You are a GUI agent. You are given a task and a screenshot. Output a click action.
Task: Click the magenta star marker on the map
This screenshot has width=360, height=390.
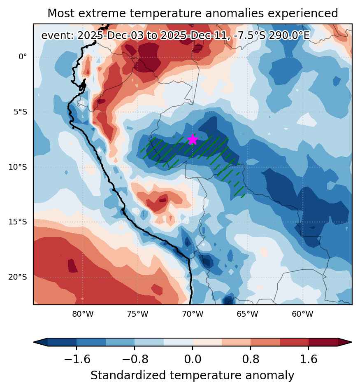pyautogui.click(x=193, y=140)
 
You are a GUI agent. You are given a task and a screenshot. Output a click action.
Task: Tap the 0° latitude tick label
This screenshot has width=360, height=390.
pyautogui.click(x=23, y=57)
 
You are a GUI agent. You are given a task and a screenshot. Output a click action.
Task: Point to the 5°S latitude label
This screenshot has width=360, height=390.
pyautogui.click(x=20, y=112)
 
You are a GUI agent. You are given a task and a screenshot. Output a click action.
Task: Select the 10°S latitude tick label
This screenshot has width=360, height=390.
pyautogui.click(x=18, y=167)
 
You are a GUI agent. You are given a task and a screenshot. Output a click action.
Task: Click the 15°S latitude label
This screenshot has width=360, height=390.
pyautogui.click(x=18, y=222)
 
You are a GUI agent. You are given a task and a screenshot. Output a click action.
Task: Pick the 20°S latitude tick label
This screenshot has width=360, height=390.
pyautogui.click(x=18, y=277)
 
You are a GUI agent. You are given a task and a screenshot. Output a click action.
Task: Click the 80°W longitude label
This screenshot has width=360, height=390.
pyautogui.click(x=83, y=314)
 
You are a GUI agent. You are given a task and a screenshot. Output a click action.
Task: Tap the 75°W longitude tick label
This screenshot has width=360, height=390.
pyautogui.click(x=138, y=314)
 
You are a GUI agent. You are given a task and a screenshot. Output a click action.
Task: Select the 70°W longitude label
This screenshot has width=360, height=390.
pyautogui.click(x=193, y=314)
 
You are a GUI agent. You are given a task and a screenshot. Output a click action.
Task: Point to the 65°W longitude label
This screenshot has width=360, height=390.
pyautogui.click(x=247, y=314)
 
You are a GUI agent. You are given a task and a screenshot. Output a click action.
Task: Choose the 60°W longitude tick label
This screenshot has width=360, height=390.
pyautogui.click(x=302, y=314)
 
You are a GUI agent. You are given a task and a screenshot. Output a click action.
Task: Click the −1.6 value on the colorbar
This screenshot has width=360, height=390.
pyautogui.click(x=77, y=359)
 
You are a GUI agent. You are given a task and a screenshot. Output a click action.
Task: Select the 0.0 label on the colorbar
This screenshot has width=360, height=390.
pyautogui.click(x=193, y=359)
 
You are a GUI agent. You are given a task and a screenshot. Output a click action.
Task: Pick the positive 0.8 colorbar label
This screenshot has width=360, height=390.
pyautogui.click(x=251, y=359)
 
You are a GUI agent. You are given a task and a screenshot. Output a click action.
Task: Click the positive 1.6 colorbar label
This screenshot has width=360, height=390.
pyautogui.click(x=309, y=359)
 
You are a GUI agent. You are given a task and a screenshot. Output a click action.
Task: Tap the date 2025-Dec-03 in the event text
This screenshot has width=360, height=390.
pyautogui.click(x=110, y=35)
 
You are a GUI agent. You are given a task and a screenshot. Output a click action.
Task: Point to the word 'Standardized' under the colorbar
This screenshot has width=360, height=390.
pyautogui.click(x=128, y=375)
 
